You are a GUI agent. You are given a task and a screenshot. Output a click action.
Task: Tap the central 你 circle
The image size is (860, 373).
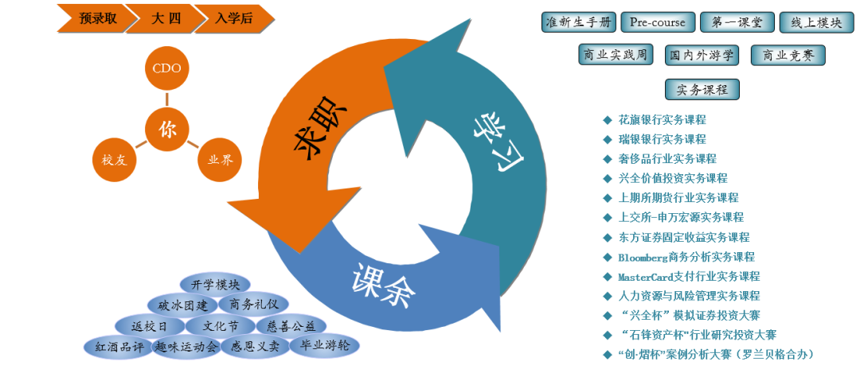coord(167,129)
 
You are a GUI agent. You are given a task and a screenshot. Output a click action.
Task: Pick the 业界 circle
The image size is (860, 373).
coord(220,159)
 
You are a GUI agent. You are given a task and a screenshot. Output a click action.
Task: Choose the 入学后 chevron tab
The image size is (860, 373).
coord(234,18)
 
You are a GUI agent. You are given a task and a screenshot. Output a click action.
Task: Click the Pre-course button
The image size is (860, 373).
coord(652,22)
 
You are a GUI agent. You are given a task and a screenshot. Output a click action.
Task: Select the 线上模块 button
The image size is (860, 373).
coord(811,22)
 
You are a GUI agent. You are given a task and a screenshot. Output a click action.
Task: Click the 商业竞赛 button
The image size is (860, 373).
coord(788,55)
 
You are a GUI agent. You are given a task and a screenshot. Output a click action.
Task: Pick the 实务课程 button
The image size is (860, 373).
coord(702,89)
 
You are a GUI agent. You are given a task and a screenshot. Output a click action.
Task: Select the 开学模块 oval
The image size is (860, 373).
coord(215,284)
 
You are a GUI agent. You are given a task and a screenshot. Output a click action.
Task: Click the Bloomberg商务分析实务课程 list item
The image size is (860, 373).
coord(686,257)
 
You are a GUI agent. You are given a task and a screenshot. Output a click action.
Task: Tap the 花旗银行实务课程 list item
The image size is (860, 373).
coord(662,120)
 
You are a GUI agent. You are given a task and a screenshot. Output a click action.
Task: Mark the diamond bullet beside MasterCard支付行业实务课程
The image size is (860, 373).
coord(607,277)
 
